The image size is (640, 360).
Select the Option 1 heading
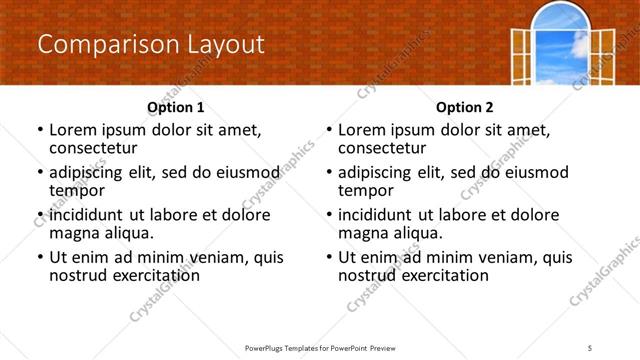[176, 107]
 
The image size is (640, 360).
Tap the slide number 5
[590, 347]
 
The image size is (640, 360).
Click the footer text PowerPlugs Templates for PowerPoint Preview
[320, 347]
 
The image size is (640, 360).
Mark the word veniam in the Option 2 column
[503, 257]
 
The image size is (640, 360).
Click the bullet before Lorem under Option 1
[39, 131]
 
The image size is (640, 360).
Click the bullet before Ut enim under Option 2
[328, 257]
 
